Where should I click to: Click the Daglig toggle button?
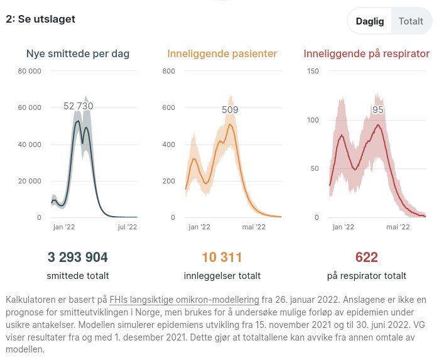click(370, 21)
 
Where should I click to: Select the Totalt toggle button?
click(411, 21)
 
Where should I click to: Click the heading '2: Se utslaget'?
click(40, 19)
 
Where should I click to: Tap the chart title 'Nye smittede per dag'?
click(78, 54)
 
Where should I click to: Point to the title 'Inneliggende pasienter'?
click(222, 54)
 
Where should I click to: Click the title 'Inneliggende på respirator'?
click(366, 54)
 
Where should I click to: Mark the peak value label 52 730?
click(79, 106)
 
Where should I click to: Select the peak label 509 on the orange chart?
click(230, 111)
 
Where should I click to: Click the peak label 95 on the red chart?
click(377, 110)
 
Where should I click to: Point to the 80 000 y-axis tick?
click(30, 71)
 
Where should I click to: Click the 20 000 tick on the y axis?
click(30, 182)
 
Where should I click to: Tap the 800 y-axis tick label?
click(168, 71)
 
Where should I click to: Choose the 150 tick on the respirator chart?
click(312, 71)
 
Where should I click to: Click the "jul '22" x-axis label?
click(127, 227)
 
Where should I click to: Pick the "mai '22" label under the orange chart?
click(254, 227)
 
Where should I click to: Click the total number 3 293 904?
click(78, 257)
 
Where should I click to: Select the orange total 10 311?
click(222, 257)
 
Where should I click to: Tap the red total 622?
click(366, 257)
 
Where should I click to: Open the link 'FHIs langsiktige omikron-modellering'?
click(184, 300)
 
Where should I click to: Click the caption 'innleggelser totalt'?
click(222, 276)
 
